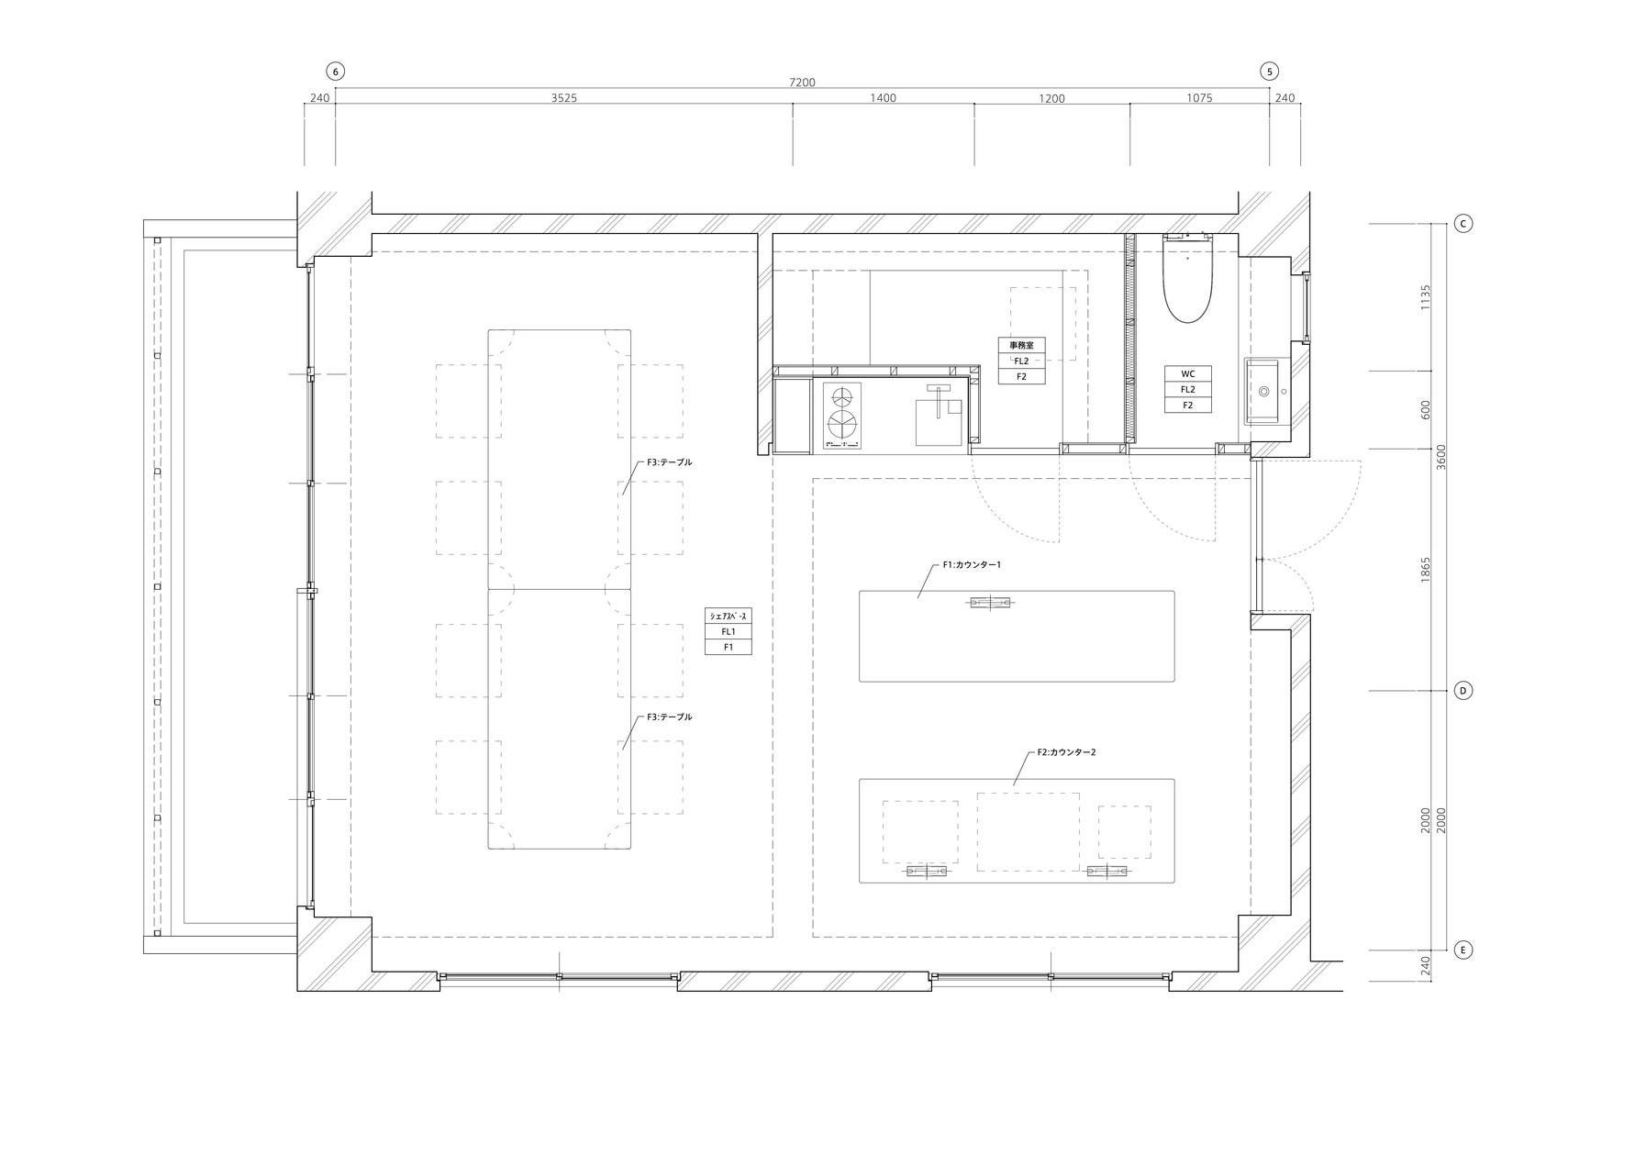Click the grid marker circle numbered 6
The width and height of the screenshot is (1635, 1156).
pyautogui.click(x=336, y=71)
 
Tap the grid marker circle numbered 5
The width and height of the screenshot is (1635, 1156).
pyautogui.click(x=1270, y=71)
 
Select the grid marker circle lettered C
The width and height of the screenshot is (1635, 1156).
pyautogui.click(x=1463, y=223)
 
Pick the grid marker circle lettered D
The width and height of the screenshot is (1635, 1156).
pyautogui.click(x=1463, y=690)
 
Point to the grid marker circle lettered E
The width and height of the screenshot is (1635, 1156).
pyautogui.click(x=1463, y=950)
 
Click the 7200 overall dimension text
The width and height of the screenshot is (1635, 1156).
pyautogui.click(x=802, y=83)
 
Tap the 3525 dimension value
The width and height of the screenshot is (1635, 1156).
pyautogui.click(x=564, y=98)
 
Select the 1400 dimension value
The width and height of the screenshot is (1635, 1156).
pyautogui.click(x=883, y=98)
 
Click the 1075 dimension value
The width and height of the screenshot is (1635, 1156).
pyautogui.click(x=1199, y=98)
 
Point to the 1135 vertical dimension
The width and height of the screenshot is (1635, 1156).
pyautogui.click(x=1426, y=297)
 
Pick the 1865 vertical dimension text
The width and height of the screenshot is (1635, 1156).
pyautogui.click(x=1426, y=570)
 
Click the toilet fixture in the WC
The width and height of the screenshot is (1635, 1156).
pyautogui.click(x=1188, y=279)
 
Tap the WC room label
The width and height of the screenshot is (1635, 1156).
pyautogui.click(x=1188, y=374)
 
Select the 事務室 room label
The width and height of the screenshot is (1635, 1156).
pyautogui.click(x=1022, y=346)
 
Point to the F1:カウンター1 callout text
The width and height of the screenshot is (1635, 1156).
pyautogui.click(x=972, y=565)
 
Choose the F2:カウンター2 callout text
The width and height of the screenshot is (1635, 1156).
pyautogui.click(x=1067, y=752)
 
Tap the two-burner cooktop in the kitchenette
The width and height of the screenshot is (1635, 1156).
pyautogui.click(x=843, y=416)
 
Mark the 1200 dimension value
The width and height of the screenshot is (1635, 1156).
pyautogui.click(x=1051, y=98)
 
